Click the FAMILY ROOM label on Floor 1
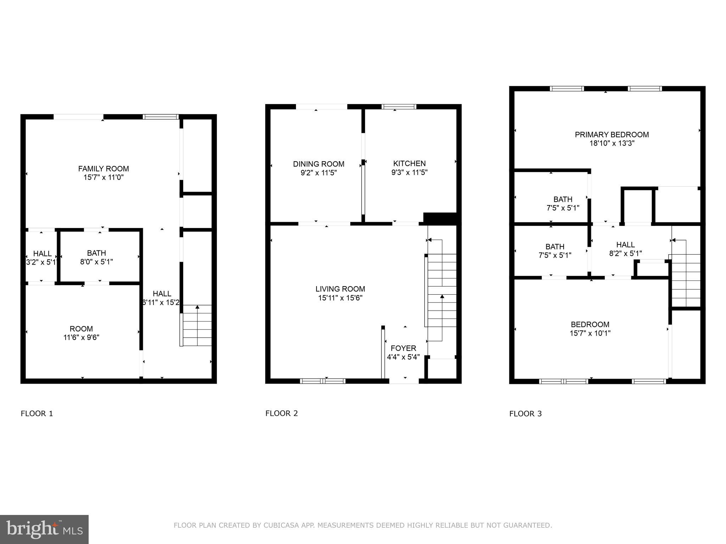[x=104, y=169]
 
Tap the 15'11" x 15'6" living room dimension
[x=340, y=298]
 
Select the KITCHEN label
[x=409, y=163]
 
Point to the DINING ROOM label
[x=318, y=164]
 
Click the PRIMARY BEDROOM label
[x=611, y=135]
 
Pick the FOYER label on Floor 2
[x=403, y=348]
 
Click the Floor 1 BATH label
[x=96, y=253]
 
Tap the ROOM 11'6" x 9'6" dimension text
[x=81, y=338]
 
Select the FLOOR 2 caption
[x=281, y=413]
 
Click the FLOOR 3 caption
[x=525, y=414]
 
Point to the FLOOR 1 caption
[x=37, y=414]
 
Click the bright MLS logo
[x=44, y=529]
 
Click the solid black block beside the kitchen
[x=440, y=217]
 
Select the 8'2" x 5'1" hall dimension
[x=625, y=254]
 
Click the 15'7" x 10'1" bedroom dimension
[x=590, y=333]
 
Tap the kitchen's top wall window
[x=398, y=107]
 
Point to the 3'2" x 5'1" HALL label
[x=42, y=254]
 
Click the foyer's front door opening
[x=404, y=381]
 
